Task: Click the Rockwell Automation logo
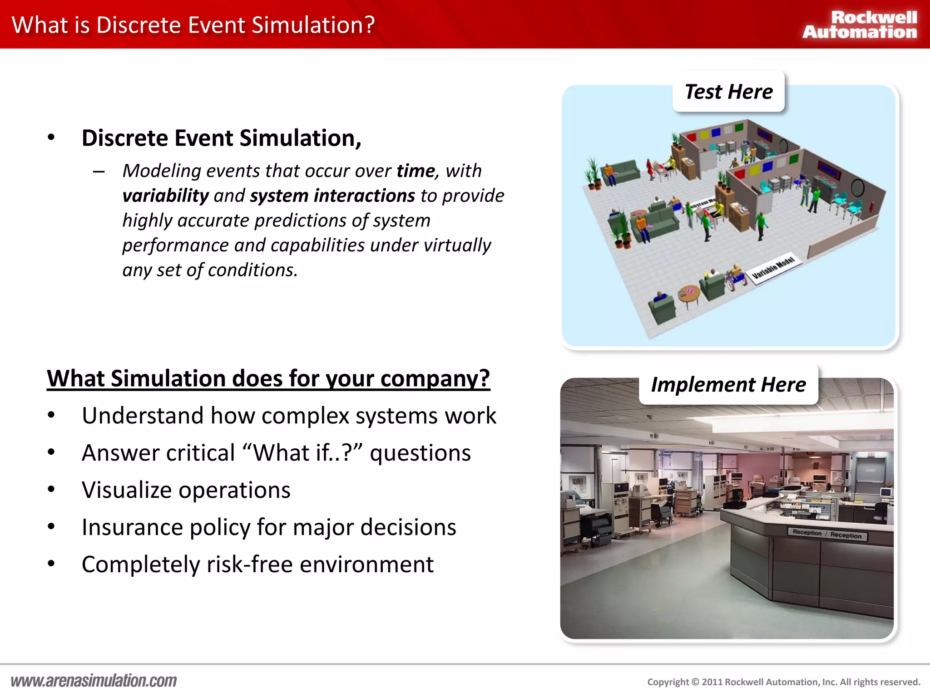(x=860, y=25)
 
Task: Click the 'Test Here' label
(x=728, y=92)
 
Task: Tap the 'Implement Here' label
(x=728, y=385)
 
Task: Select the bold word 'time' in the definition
(x=416, y=171)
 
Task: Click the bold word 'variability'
(x=165, y=196)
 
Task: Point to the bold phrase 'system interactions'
(x=332, y=196)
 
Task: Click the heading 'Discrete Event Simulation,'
(x=222, y=138)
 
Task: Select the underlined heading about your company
(x=268, y=378)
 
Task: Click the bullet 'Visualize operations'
(x=186, y=490)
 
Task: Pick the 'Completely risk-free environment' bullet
(x=257, y=564)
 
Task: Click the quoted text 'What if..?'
(x=302, y=453)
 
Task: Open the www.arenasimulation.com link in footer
(x=94, y=681)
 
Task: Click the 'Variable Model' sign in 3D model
(x=773, y=268)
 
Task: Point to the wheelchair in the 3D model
(x=736, y=277)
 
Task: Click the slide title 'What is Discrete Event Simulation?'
(x=193, y=25)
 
